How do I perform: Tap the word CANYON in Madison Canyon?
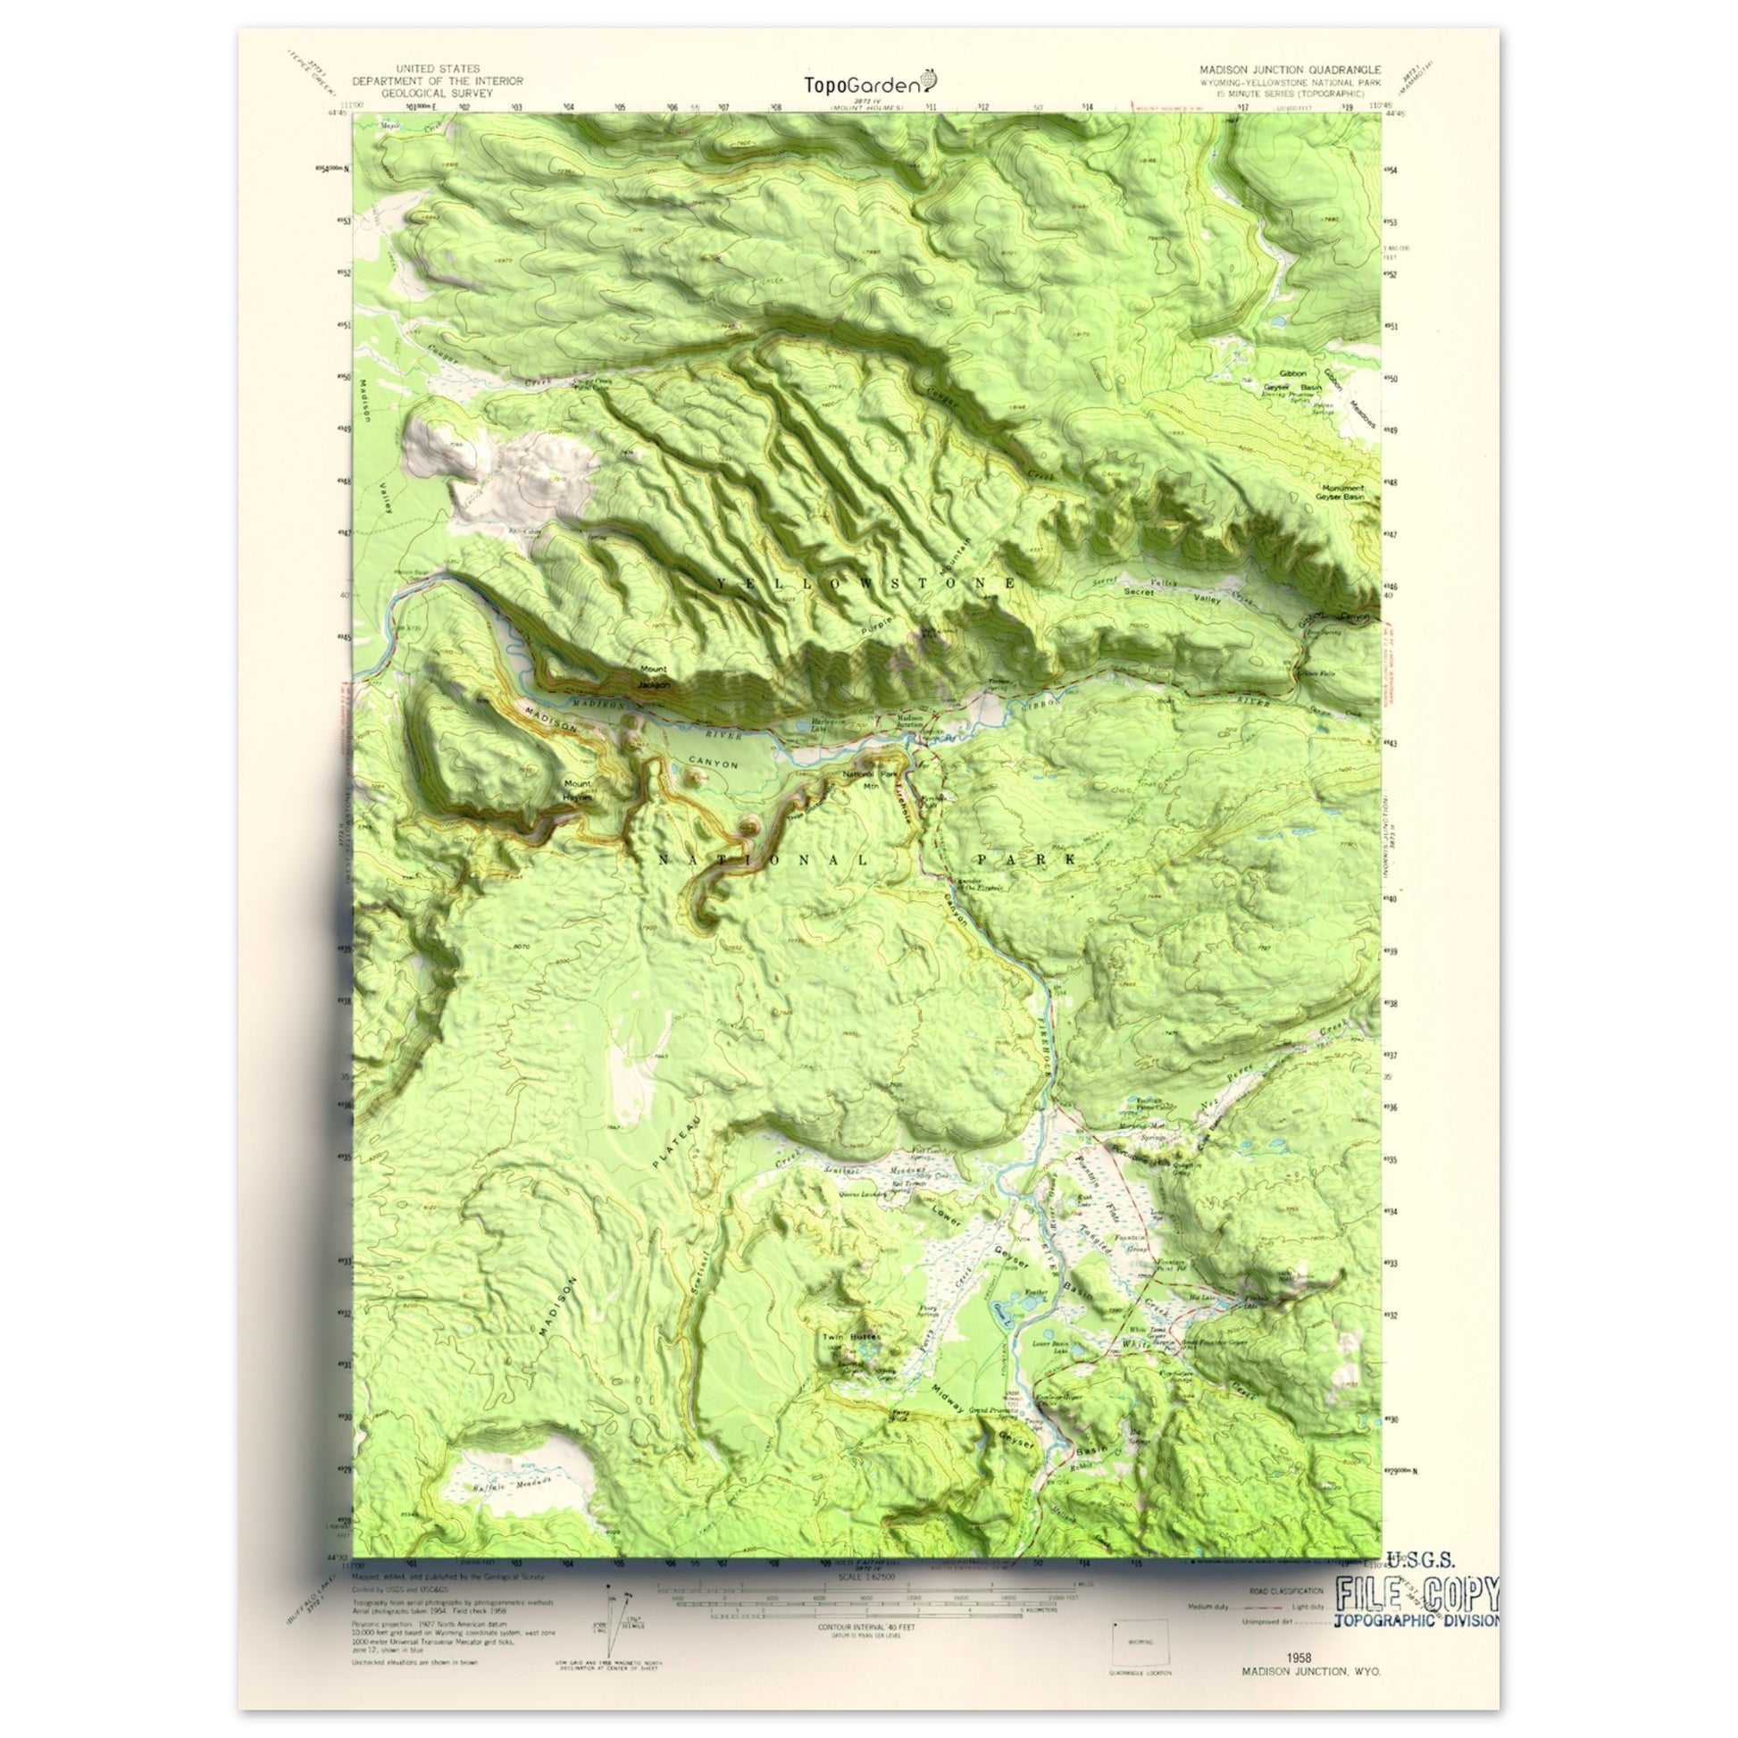(x=714, y=765)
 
